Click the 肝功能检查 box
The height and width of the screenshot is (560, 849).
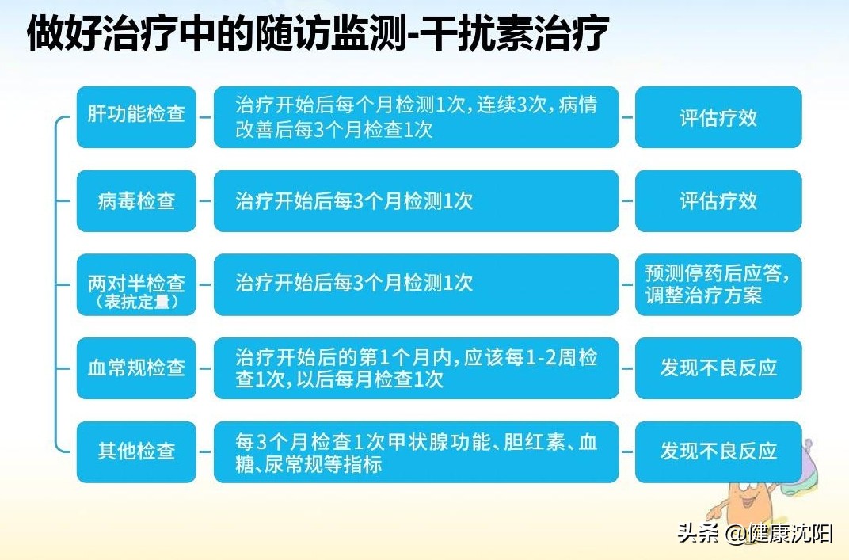pyautogui.click(x=136, y=117)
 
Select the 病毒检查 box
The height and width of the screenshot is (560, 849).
pyautogui.click(x=136, y=201)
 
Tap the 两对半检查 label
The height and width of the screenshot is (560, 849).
pyautogui.click(x=136, y=284)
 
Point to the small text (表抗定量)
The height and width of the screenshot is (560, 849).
pyautogui.click(x=136, y=302)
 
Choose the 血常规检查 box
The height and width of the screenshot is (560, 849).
pyautogui.click(x=136, y=368)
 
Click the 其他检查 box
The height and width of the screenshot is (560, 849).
pyautogui.click(x=136, y=451)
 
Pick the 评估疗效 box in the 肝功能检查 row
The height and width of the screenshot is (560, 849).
pyautogui.click(x=718, y=117)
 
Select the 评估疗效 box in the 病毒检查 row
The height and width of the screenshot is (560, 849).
pyautogui.click(x=718, y=201)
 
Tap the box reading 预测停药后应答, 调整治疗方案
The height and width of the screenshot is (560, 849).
pyautogui.click(x=718, y=284)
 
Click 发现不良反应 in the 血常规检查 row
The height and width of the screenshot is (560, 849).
pyautogui.click(x=718, y=368)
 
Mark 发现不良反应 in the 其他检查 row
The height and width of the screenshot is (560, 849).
pyautogui.click(x=718, y=451)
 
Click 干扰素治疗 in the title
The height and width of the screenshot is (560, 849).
pyautogui.click(x=517, y=34)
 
